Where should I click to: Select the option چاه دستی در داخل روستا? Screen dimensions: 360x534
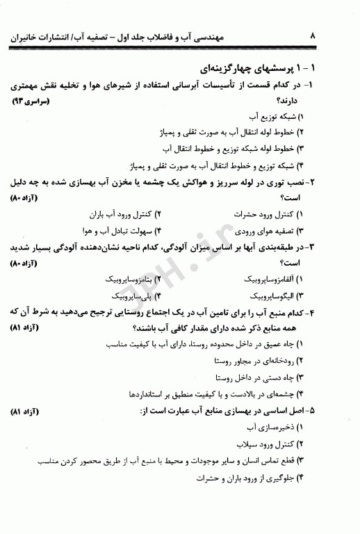coord(263,376)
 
